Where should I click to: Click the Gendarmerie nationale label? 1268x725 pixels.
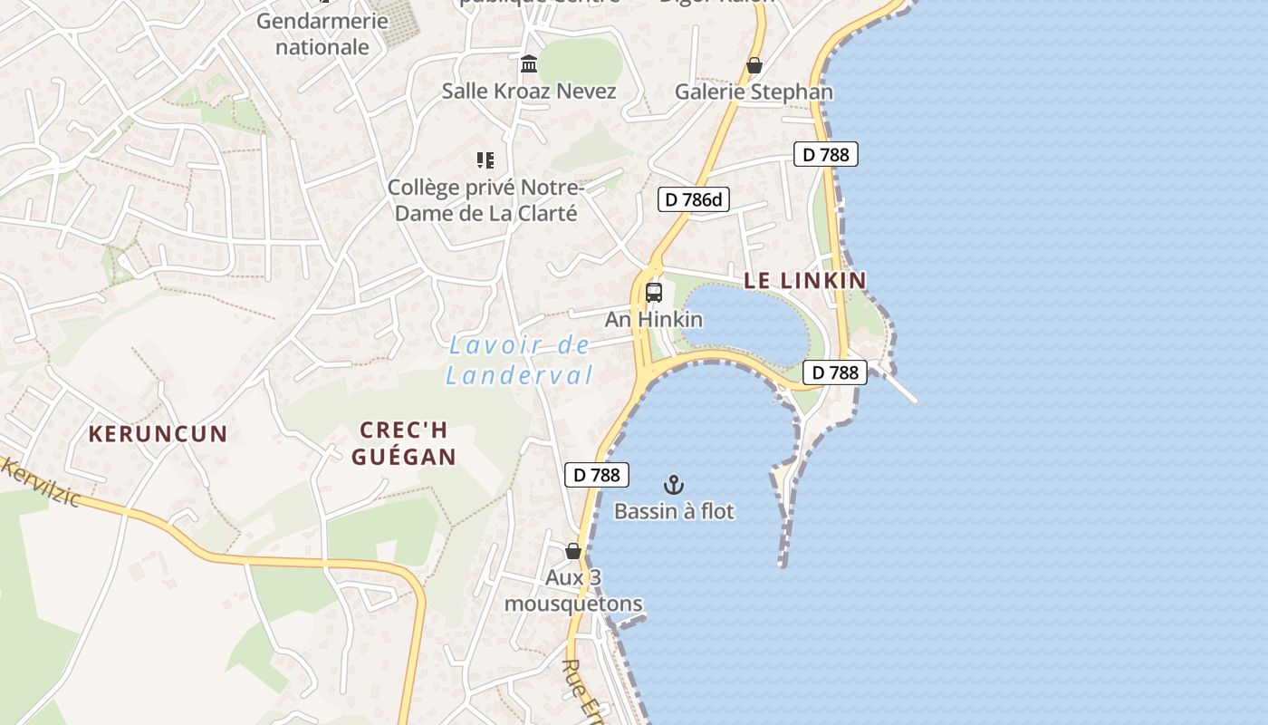tap(322, 34)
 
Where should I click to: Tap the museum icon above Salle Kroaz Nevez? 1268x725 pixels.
tap(529, 64)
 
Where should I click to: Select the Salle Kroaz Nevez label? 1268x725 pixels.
tap(529, 91)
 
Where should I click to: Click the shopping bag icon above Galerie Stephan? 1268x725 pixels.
tap(754, 65)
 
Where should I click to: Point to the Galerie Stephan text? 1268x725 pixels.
tap(754, 92)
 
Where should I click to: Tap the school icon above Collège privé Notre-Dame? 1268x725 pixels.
tap(485, 160)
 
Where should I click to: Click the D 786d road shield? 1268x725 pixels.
tap(693, 199)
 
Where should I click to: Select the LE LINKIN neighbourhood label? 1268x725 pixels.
tap(805, 280)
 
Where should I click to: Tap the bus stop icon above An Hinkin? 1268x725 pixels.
tap(654, 293)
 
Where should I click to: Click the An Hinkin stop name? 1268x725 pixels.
tap(654, 319)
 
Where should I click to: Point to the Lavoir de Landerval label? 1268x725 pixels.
tap(519, 360)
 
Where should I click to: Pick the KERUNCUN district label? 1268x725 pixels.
tap(158, 433)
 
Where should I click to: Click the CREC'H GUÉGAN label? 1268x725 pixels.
tap(403, 443)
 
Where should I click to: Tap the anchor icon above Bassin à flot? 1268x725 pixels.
tap(673, 485)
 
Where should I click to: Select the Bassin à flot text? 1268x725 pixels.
tap(674, 511)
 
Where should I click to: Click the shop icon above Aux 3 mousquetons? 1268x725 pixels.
tap(572, 550)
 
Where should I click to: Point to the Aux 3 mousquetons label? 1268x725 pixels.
tap(573, 590)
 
